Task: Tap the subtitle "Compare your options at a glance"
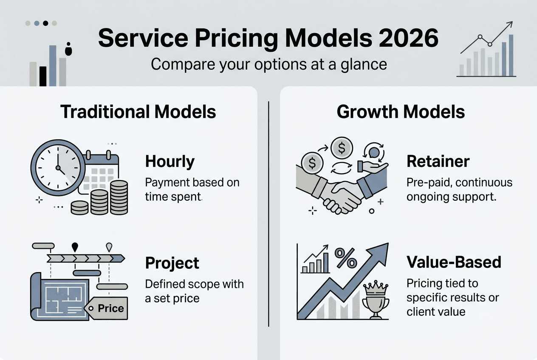[269, 64]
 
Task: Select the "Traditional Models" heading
[138, 112]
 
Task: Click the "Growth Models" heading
[401, 112]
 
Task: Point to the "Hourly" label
[170, 161]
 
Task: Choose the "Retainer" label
[438, 161]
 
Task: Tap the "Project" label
[172, 263]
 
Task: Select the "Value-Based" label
[454, 262]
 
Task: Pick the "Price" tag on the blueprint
[110, 309]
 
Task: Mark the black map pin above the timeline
[75, 247]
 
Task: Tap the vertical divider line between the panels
[269, 212]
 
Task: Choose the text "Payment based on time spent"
[192, 189]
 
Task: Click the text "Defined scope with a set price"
[194, 291]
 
